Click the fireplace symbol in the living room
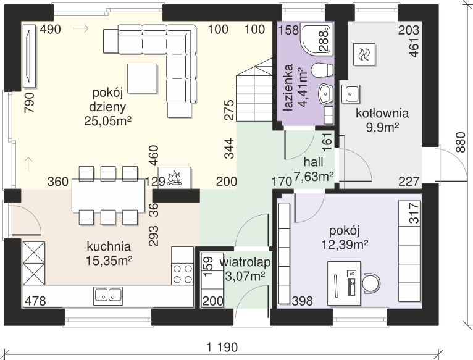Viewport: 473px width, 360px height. point(175,177)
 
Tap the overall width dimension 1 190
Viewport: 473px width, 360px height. point(220,348)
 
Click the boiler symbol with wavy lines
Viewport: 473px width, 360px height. point(362,54)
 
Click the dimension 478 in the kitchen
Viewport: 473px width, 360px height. point(35,301)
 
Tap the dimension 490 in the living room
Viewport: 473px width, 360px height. point(51,29)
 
